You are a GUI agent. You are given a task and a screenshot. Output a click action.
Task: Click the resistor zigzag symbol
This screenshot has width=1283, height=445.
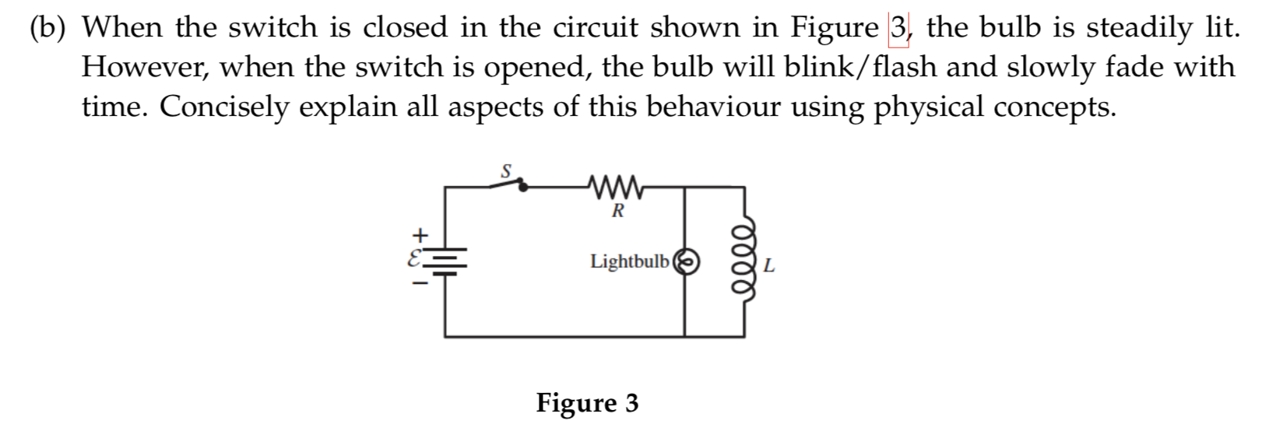pyautogui.click(x=617, y=187)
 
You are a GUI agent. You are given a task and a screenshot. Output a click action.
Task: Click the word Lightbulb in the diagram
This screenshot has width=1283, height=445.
pyautogui.click(x=629, y=261)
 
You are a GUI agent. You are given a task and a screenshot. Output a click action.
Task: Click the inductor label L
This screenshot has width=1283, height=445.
pyautogui.click(x=769, y=266)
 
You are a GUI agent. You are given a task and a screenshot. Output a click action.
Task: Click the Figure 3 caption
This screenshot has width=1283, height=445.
pyautogui.click(x=587, y=403)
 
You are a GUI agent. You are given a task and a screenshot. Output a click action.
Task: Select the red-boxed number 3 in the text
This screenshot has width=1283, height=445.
pyautogui.click(x=898, y=28)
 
